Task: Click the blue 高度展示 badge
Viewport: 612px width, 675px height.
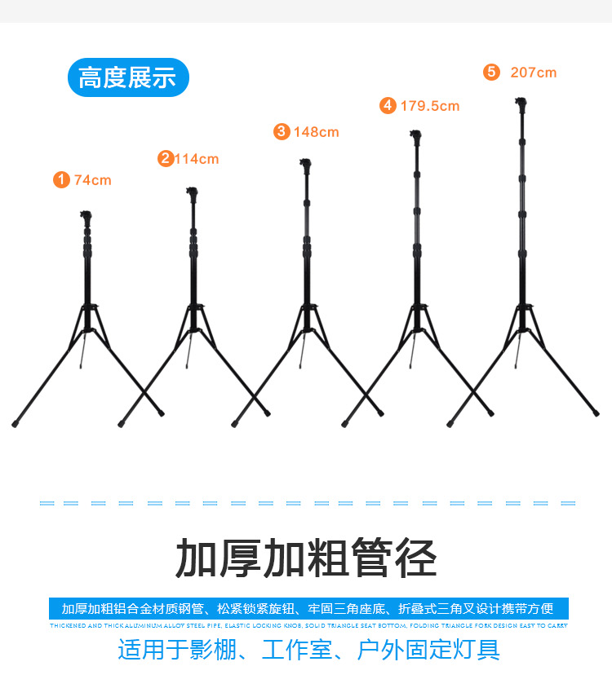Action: click(x=127, y=77)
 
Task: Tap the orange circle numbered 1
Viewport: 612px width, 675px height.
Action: click(x=61, y=179)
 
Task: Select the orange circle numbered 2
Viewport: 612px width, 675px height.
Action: click(x=166, y=158)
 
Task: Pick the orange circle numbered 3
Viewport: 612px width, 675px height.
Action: click(x=282, y=131)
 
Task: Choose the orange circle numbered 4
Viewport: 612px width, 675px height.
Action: click(x=388, y=105)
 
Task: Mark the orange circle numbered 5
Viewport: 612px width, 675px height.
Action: click(x=490, y=72)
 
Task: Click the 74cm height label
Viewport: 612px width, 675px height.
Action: click(x=92, y=180)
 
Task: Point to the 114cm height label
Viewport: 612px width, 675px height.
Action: click(x=197, y=159)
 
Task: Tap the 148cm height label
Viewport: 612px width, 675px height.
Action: click(x=317, y=132)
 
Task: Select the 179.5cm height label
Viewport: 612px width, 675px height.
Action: click(x=429, y=106)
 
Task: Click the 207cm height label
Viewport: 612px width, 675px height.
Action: click(x=534, y=73)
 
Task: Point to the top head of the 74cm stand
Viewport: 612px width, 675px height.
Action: click(x=86, y=217)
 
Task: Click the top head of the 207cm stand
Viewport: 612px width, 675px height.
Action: click(x=521, y=104)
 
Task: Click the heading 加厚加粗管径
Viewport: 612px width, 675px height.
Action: click(x=306, y=558)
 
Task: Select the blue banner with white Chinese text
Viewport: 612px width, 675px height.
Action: click(x=308, y=609)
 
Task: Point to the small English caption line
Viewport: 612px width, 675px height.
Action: click(x=308, y=626)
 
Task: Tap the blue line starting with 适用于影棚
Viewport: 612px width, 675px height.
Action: click(x=308, y=650)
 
